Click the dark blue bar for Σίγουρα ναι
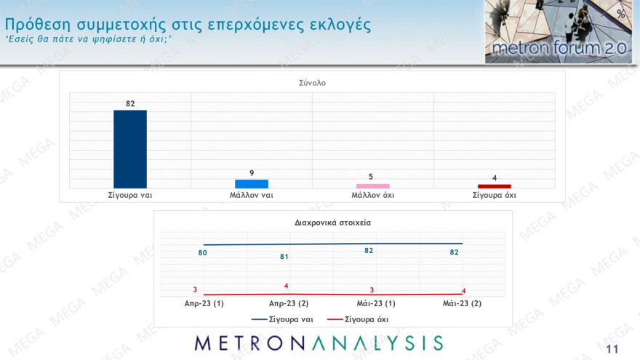(x=130, y=149)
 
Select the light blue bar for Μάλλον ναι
(x=252, y=184)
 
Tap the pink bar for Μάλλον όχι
(x=372, y=186)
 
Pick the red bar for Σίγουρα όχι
(x=494, y=186)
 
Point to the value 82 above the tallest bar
(x=130, y=104)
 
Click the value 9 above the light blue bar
(x=252, y=173)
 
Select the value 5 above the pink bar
(x=372, y=177)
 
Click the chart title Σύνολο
(x=312, y=83)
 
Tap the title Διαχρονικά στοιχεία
(x=333, y=223)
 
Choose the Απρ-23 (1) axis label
(x=204, y=303)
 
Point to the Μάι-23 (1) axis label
(x=375, y=303)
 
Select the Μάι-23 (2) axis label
(x=462, y=303)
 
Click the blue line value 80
(x=203, y=253)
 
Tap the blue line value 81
(x=286, y=257)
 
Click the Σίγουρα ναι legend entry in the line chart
(x=282, y=319)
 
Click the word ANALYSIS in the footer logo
(x=378, y=343)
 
